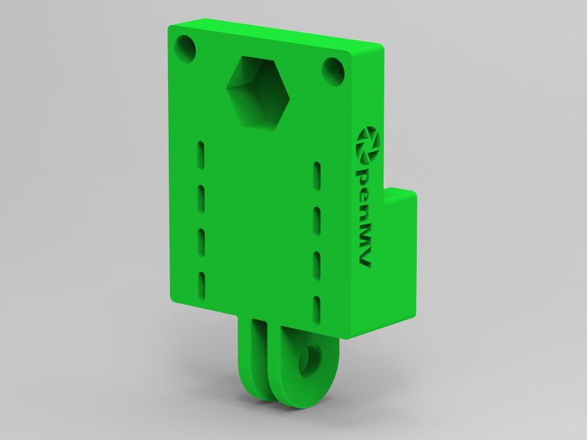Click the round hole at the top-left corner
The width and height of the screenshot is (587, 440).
(186, 50)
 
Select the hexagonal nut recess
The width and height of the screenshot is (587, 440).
(257, 92)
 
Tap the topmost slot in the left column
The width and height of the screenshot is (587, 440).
(200, 154)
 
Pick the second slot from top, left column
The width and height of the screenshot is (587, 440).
(200, 197)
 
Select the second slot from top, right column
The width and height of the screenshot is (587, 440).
(317, 219)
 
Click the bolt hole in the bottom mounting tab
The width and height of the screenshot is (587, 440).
(309, 360)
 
